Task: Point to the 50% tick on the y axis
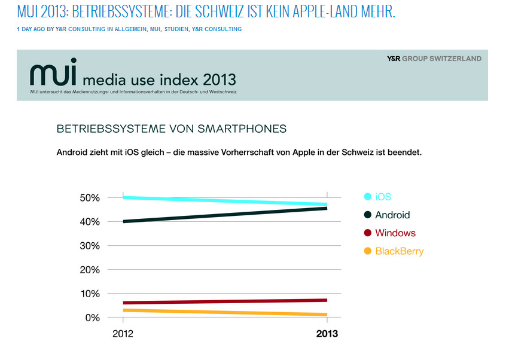pos(90,198)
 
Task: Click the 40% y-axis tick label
pos(90,222)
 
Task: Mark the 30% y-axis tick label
pos(90,246)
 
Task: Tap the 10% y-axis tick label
pos(90,294)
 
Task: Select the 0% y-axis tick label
pos(92,318)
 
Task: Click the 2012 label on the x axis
pos(123,334)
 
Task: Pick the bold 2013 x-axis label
pos(327,334)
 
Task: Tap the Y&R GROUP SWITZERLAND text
pos(434,59)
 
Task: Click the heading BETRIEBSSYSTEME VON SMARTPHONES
pos(172,129)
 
